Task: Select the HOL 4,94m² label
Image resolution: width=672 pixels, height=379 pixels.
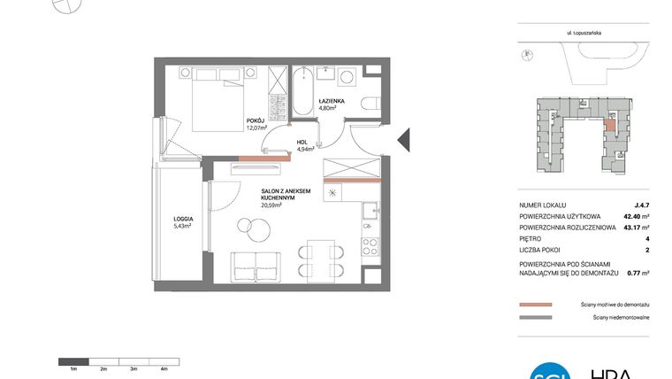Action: (x=302, y=145)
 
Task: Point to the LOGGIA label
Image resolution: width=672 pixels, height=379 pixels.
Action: (x=182, y=221)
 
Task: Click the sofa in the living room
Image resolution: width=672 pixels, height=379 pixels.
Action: (x=255, y=265)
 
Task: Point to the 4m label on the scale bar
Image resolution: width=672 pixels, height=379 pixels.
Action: (x=164, y=367)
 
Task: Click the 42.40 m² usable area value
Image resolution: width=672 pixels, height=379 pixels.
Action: (x=631, y=216)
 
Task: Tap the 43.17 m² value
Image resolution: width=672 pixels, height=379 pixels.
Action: (x=631, y=228)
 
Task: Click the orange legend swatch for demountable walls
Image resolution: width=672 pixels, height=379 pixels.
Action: (x=536, y=303)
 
